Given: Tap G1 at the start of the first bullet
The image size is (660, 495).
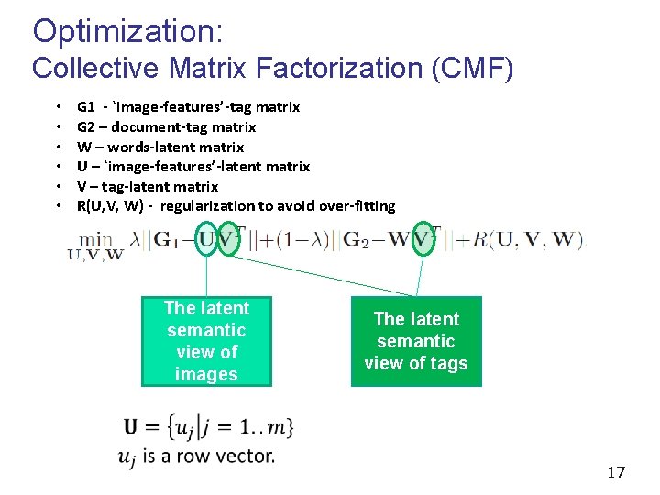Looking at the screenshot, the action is pos(86,107).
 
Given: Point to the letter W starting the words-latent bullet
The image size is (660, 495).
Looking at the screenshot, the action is pos(83,147).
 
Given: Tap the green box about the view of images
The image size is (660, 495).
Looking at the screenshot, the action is pos(206,341).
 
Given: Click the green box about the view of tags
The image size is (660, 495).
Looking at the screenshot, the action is pos(416,341).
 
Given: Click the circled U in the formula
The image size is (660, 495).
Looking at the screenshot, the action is pos(207,240).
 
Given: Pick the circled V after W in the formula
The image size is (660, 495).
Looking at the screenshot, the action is pos(422,240).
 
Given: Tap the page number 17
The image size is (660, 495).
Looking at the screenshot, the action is pos(616,472).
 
